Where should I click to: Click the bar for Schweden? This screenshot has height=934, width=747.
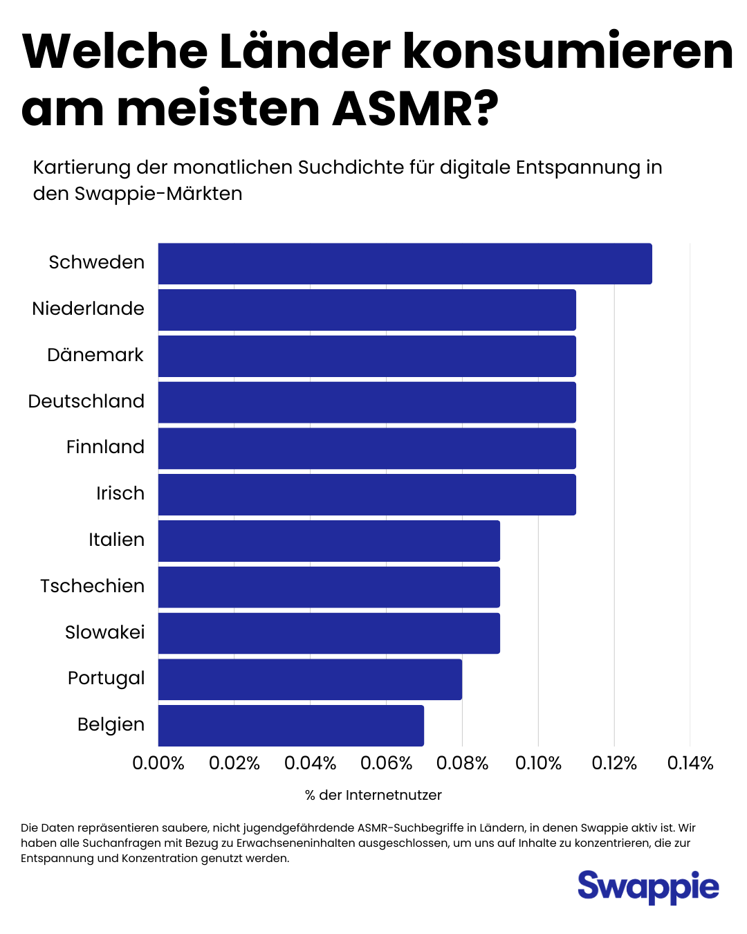pos(405,264)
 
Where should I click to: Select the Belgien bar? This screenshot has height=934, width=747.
pos(290,725)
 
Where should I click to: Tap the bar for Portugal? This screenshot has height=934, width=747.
pos(310,679)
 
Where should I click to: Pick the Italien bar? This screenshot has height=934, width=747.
pos(329,541)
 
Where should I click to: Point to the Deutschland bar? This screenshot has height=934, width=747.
pos(367,402)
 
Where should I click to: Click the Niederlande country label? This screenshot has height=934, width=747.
pos(89,309)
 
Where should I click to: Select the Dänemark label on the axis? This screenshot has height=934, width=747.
pos(95,355)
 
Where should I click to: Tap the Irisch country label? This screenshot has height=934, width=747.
pos(120,493)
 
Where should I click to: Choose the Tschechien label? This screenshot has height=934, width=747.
pos(93,586)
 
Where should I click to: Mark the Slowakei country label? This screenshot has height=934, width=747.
pos(105,632)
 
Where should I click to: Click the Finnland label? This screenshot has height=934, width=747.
pos(105,447)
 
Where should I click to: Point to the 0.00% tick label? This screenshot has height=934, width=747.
pos(158,763)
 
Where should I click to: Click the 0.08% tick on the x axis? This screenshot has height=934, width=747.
pos(462,763)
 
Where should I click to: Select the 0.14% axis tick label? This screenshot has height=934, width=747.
pos(690,763)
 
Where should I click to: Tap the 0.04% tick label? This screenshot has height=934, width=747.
pos(310,763)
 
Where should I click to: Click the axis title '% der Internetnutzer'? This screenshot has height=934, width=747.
pos(373,795)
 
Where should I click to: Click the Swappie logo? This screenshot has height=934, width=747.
pos(648,887)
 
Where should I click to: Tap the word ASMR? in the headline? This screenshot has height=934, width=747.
pos(415,109)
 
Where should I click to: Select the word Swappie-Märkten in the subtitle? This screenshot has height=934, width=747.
pos(158,194)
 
